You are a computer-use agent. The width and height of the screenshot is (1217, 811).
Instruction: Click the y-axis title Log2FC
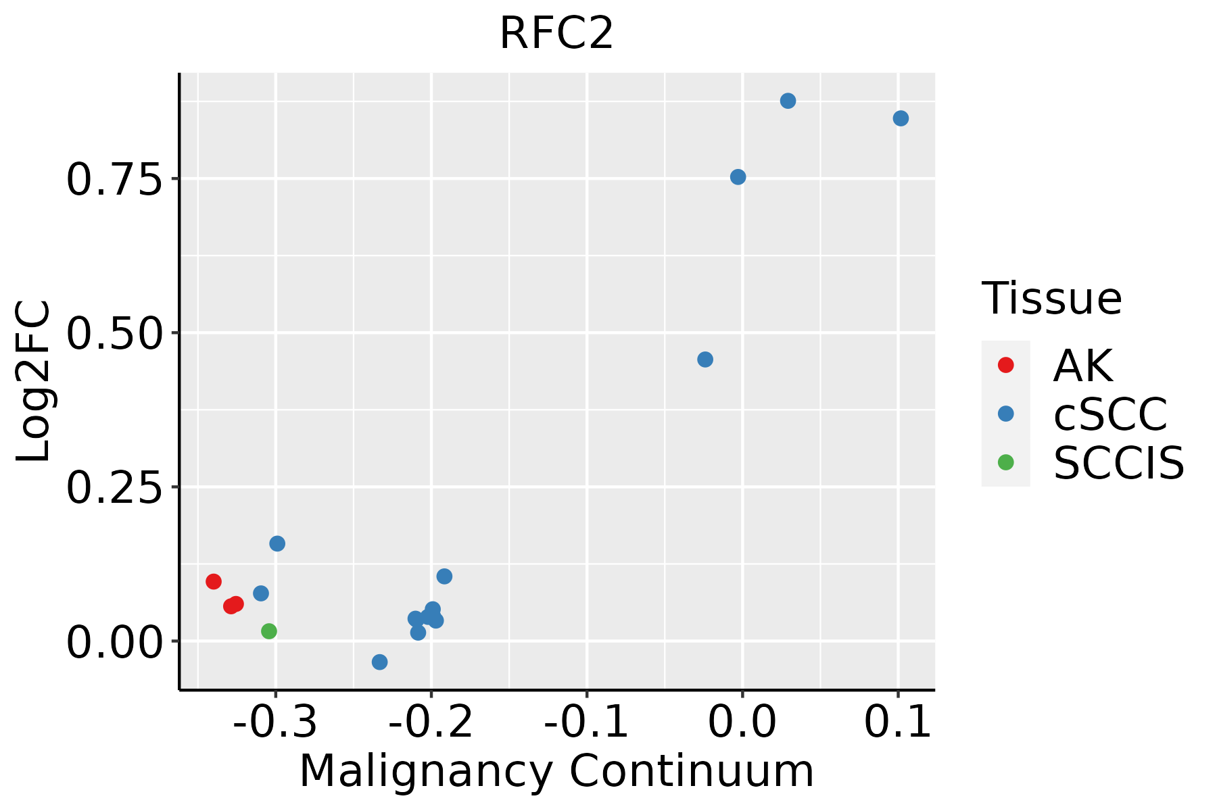[34, 381]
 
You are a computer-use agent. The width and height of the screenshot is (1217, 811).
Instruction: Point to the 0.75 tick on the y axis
[115, 180]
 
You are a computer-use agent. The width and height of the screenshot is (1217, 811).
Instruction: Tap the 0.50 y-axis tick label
[115, 334]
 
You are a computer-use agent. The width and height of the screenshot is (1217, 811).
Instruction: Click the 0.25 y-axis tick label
[115, 488]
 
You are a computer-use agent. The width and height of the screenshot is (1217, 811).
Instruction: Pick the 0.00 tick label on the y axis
[115, 642]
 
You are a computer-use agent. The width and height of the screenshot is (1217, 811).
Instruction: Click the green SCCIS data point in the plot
[269, 631]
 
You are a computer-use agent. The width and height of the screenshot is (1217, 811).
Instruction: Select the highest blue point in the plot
[788, 101]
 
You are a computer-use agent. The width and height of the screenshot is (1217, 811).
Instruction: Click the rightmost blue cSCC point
[901, 118]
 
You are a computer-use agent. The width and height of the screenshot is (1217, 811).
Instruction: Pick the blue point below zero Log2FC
[380, 662]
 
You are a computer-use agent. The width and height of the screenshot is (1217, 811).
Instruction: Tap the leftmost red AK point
[214, 581]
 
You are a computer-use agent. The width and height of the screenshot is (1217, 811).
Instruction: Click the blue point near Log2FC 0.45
[705, 360]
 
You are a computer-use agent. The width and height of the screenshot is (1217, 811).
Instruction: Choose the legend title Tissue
[1052, 298]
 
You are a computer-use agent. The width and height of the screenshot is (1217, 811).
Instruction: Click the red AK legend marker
[1005, 365]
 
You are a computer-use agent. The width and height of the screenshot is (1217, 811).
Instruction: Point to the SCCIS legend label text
[1119, 463]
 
